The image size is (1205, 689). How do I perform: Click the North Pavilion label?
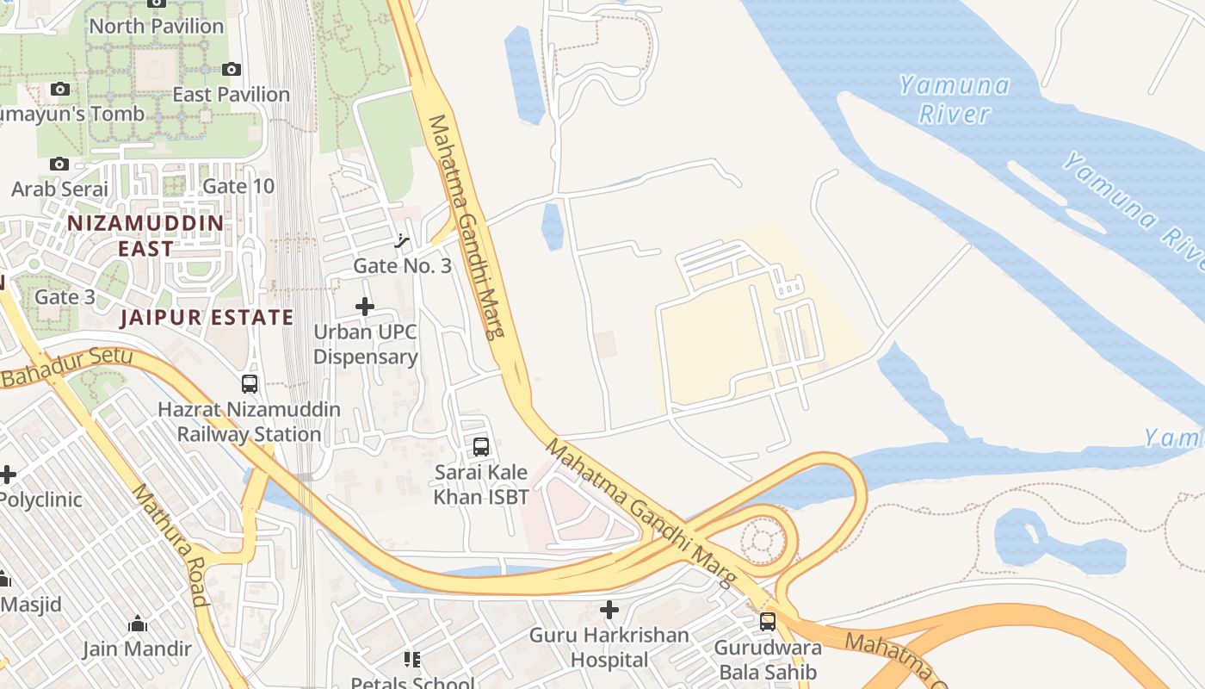(x=157, y=26)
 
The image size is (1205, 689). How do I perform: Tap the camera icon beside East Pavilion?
(x=231, y=69)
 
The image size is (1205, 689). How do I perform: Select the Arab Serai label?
(x=60, y=189)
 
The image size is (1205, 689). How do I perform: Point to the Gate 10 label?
(x=238, y=186)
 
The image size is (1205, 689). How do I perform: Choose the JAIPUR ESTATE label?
(x=207, y=317)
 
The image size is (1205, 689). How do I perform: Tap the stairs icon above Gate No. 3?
(x=401, y=241)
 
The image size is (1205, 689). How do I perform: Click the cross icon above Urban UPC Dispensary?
(x=365, y=306)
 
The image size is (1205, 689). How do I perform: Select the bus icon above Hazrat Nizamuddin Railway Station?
(x=250, y=384)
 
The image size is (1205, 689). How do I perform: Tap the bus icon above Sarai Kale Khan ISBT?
(x=481, y=447)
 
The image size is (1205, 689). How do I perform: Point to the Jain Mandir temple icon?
(x=137, y=624)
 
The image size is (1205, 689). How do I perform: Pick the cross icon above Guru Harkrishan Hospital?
(x=609, y=610)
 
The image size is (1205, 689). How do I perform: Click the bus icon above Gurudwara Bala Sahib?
(x=768, y=621)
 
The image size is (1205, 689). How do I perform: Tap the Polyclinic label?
(x=41, y=500)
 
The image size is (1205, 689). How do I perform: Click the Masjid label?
(x=31, y=604)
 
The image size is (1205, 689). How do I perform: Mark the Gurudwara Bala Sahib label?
(x=768, y=659)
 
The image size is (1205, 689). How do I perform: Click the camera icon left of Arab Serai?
(x=59, y=164)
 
